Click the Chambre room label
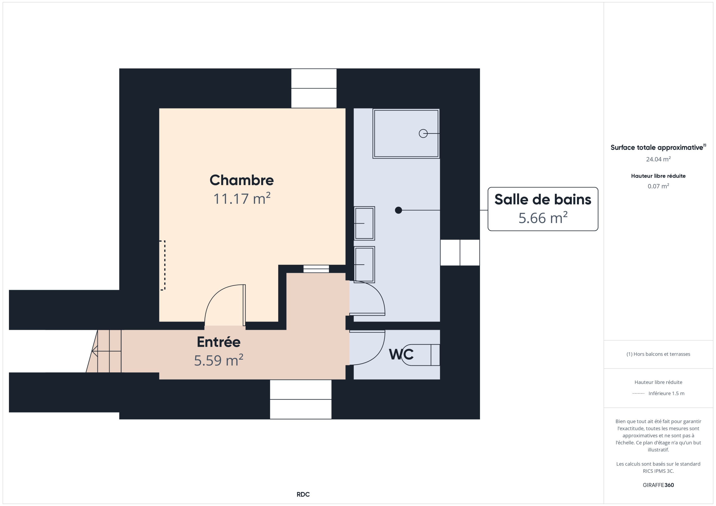(x=242, y=180)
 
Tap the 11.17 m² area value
(x=242, y=198)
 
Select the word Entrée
(x=219, y=342)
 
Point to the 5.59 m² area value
(x=219, y=360)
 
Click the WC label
(x=401, y=354)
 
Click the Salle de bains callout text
(x=543, y=199)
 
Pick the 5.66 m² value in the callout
(x=543, y=218)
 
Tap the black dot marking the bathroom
(x=398, y=210)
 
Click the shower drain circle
(x=423, y=133)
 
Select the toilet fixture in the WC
(x=421, y=355)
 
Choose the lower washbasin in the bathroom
(x=364, y=265)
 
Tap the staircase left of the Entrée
(x=104, y=351)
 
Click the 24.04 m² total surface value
(x=658, y=159)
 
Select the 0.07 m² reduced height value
(x=658, y=186)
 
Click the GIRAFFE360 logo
(x=658, y=485)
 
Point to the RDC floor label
(x=303, y=494)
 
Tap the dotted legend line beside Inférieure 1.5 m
(x=638, y=393)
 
